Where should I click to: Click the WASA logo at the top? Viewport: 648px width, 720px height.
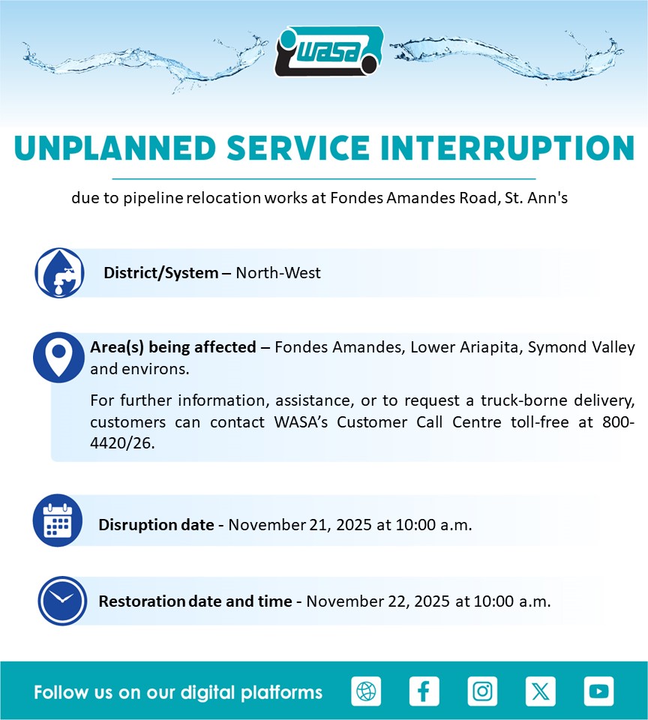pos(329,51)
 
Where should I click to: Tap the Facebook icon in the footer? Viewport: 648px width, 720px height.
pos(424,691)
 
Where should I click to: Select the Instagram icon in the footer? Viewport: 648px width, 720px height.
pos(482,691)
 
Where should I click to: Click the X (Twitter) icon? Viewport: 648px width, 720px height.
pos(541,691)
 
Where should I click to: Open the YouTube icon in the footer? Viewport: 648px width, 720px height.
pos(598,691)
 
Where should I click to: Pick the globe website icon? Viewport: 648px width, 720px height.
pos(366,691)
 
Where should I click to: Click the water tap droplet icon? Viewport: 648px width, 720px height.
pos(60,273)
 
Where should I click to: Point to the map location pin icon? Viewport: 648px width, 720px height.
pos(58,357)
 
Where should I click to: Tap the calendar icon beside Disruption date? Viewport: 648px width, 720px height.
pos(58,520)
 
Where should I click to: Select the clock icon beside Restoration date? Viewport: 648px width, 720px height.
pos(62,601)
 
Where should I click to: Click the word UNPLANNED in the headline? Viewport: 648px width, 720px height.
pos(115,148)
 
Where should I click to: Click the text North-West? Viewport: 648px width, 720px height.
pos(278,273)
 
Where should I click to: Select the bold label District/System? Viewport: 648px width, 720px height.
pos(161,273)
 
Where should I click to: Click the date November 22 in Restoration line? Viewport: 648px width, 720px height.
pos(358,601)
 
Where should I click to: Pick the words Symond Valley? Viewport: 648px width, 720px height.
pos(581,347)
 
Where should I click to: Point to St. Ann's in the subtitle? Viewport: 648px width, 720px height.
pos(536,198)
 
